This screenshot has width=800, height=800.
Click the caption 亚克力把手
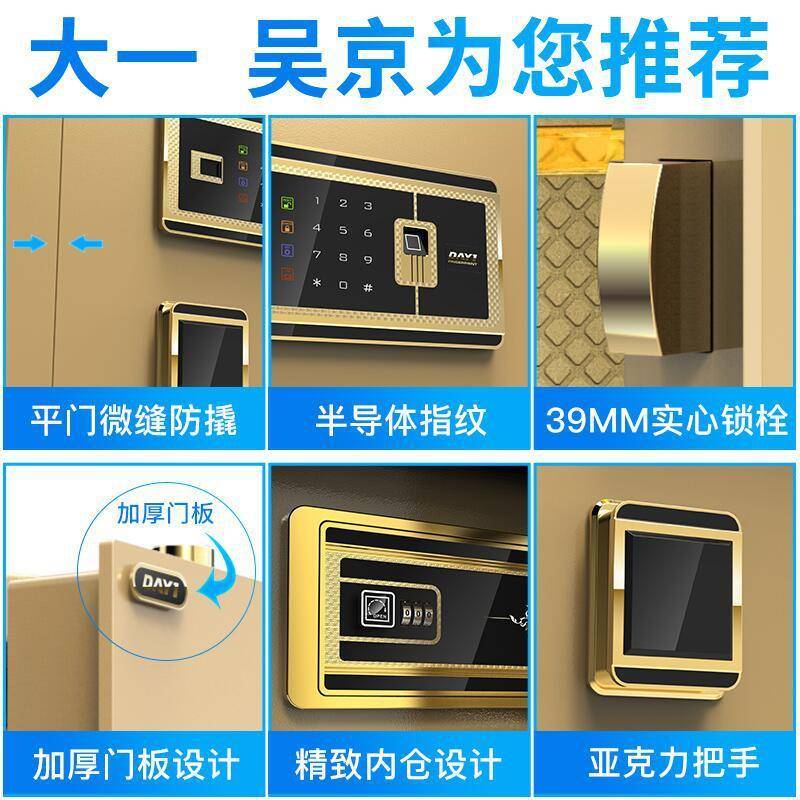(667, 767)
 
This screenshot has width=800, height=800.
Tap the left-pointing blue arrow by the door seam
(89, 243)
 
